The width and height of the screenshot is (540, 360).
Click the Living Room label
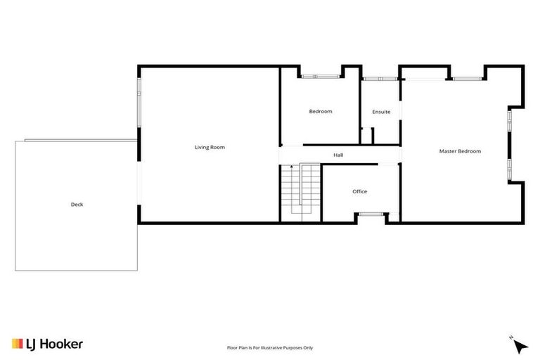[x=210, y=147]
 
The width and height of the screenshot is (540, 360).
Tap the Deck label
[x=77, y=205]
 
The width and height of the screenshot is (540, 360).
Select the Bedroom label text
[x=321, y=111]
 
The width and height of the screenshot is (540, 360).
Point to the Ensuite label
[x=381, y=112]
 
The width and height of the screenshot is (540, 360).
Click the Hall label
[x=338, y=155]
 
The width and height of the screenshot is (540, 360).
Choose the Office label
[x=359, y=191]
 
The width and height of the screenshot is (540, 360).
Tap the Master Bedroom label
[x=460, y=151]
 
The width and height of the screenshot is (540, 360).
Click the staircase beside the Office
[x=300, y=192]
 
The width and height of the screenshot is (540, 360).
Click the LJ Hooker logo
[x=47, y=344]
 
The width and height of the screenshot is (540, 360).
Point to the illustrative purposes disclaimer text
[x=270, y=347]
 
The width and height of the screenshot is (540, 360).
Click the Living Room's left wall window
[x=139, y=98]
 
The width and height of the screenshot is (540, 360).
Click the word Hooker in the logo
[x=60, y=344]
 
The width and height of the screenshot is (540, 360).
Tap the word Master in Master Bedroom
[x=449, y=151]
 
